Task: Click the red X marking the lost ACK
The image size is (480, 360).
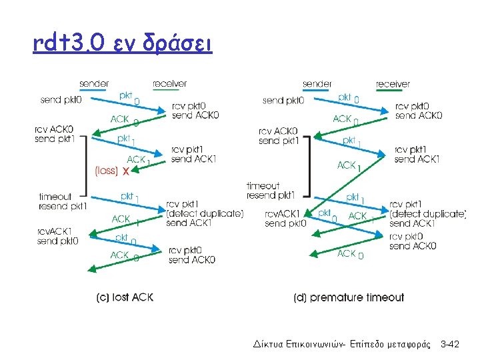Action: point(126,171)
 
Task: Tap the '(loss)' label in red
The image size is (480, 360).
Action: point(107,171)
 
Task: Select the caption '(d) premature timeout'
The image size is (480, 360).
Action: point(349,297)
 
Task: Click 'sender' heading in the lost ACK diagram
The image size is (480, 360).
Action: point(95,84)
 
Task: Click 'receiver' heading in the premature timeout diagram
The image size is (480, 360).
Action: point(393,84)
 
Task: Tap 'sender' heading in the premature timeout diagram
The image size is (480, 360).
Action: point(317,84)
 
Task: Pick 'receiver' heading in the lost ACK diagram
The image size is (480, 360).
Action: point(169,84)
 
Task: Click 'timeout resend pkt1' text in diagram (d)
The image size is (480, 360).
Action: point(271,191)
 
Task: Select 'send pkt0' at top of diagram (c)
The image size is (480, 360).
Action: point(61,100)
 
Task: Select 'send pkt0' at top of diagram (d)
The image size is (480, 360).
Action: point(283,101)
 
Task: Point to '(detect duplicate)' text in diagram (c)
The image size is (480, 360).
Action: point(205,213)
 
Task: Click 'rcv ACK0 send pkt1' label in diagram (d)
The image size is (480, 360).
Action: point(278,136)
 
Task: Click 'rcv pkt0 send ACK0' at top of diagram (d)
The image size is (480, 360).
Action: point(418,111)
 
